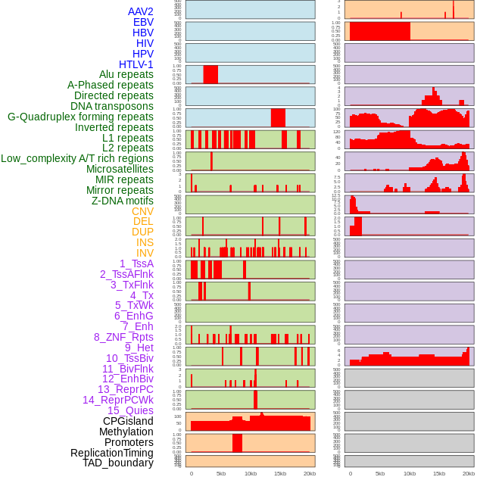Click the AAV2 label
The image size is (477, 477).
point(140,11)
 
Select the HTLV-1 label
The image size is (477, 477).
point(136,64)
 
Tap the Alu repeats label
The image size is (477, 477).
point(126,74)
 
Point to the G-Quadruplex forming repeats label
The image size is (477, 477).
point(80,117)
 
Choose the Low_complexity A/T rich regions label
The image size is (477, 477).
point(77,158)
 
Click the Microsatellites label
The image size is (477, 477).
point(120,169)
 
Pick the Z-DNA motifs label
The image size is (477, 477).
point(122,201)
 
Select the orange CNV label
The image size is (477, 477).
point(142,211)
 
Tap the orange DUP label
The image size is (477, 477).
point(142,232)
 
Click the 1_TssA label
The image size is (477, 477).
point(136,263)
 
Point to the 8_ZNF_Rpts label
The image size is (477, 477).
point(123,337)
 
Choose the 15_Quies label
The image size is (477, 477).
point(130,410)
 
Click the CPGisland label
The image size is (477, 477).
point(128,421)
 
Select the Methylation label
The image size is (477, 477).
point(126,432)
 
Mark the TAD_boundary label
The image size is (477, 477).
point(117,463)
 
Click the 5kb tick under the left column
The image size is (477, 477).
point(221,473)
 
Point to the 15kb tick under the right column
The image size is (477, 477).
point(439,473)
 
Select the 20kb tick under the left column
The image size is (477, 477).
point(310,473)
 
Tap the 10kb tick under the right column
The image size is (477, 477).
point(410,473)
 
